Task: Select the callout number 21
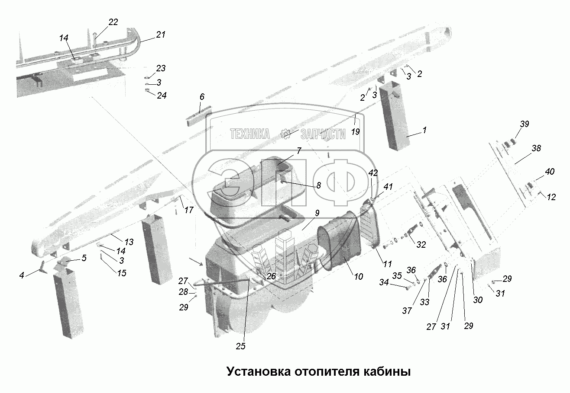click(x=160, y=35)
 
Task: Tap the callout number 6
click(x=202, y=97)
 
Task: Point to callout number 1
click(x=425, y=129)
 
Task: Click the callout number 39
click(x=525, y=124)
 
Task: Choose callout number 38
click(x=536, y=148)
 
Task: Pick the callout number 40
click(x=549, y=172)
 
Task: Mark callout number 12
click(x=551, y=198)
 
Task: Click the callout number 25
click(x=241, y=346)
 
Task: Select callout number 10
click(x=358, y=277)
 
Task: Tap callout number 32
click(x=421, y=244)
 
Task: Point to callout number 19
click(x=355, y=132)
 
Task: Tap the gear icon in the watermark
click(x=285, y=134)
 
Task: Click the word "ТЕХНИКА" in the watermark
click(x=250, y=134)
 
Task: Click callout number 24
click(x=161, y=95)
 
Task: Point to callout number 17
click(x=189, y=211)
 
